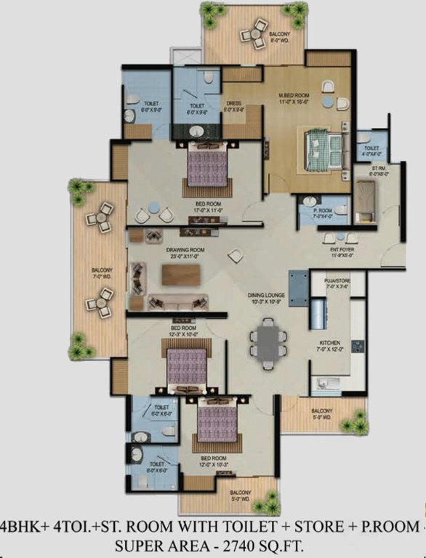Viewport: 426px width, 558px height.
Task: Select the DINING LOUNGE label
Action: (x=266, y=296)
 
